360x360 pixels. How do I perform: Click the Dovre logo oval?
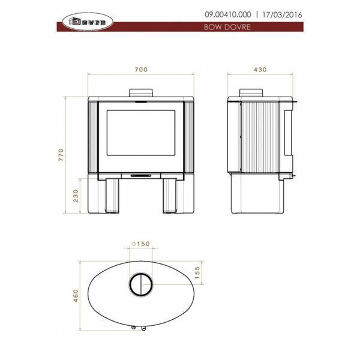88,22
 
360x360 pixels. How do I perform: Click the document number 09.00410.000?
228,14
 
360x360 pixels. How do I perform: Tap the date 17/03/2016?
282,14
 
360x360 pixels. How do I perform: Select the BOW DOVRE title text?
227,27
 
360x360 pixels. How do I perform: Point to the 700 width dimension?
141,70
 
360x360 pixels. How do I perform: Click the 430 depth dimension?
260,70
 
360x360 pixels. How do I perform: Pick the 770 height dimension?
61,155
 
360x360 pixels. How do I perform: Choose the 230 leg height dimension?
76,196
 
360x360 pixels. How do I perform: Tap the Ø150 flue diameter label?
141,244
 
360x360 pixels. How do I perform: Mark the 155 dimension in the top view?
197,272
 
